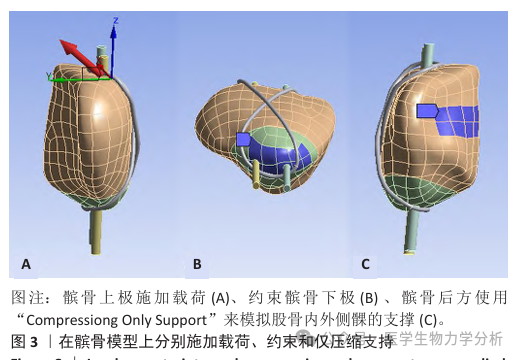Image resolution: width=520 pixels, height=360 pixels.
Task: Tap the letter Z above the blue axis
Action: tap(116, 19)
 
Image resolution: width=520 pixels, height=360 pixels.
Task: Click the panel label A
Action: tap(26, 264)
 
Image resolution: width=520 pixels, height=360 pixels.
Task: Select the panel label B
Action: tap(197, 264)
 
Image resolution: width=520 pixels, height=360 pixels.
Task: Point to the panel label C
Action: tap(365, 264)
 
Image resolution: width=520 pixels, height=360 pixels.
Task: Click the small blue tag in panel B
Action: tap(243, 140)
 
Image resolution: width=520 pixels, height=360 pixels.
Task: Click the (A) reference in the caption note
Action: tap(219, 298)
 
